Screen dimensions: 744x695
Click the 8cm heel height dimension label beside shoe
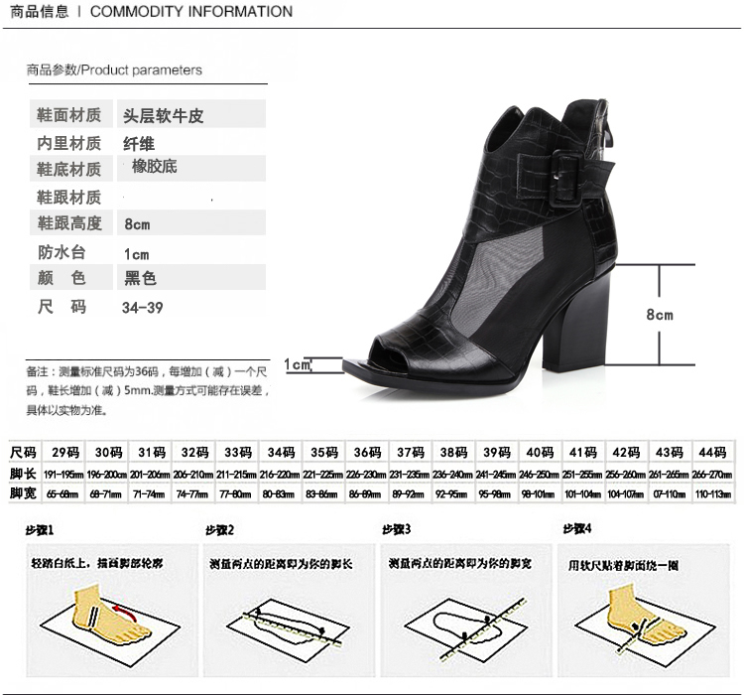pyautogui.click(x=659, y=315)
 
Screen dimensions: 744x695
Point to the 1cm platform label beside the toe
pyautogui.click(x=298, y=365)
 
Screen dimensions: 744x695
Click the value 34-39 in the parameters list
pyautogui.click(x=143, y=307)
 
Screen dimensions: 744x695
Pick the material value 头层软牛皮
pyautogui.click(x=163, y=115)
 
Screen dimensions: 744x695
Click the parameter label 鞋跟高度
pyautogui.click(x=69, y=223)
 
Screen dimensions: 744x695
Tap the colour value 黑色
pyautogui.click(x=140, y=279)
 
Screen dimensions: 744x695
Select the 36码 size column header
pyautogui.click(x=367, y=452)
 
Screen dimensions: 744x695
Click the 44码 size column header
pyautogui.click(x=712, y=452)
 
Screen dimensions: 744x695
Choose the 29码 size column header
pyautogui.click(x=65, y=452)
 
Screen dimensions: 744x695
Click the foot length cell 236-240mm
pyautogui.click(x=453, y=474)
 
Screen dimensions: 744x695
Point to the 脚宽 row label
pyautogui.click(x=23, y=492)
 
